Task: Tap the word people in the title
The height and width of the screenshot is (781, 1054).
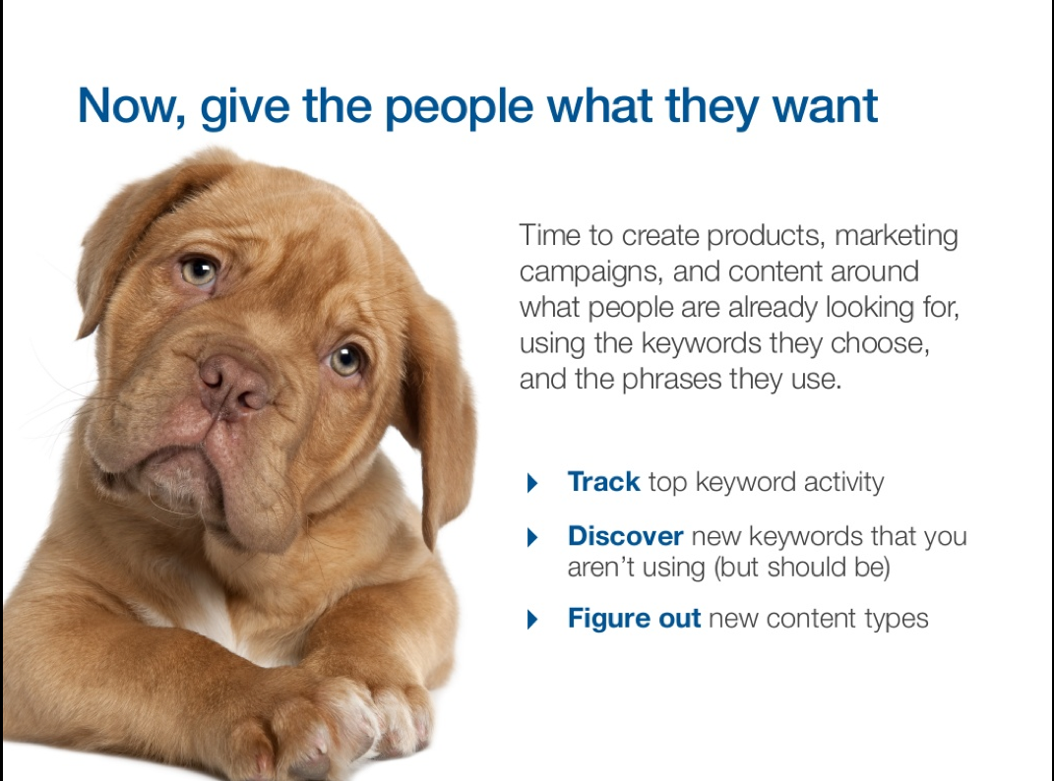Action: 460,107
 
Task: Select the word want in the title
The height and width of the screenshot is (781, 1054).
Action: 825,107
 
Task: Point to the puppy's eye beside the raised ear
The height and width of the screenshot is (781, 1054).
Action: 199,270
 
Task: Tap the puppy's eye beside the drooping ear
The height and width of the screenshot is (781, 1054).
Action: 345,360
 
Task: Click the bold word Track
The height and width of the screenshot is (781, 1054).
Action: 603,482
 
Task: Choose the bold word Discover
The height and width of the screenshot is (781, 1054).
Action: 625,536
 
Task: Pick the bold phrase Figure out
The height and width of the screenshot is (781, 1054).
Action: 634,619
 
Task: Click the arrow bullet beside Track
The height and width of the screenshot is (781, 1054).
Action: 532,483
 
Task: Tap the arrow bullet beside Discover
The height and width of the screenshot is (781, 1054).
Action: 532,537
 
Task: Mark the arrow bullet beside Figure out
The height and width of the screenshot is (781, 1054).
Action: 532,619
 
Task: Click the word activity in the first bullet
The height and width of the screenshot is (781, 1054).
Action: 843,483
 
